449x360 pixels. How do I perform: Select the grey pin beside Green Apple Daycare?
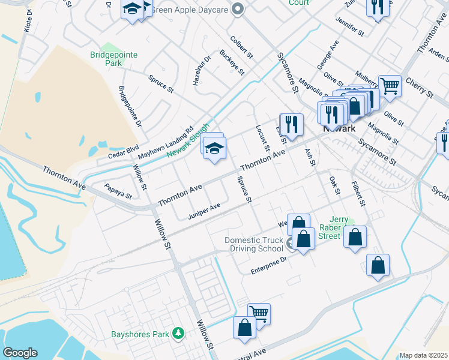(x=238, y=9)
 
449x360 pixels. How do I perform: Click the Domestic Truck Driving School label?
(x=253, y=244)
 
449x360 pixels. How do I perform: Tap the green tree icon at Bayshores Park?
(x=178, y=333)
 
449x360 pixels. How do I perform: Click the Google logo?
(x=20, y=353)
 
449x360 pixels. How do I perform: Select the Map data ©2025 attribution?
(x=423, y=355)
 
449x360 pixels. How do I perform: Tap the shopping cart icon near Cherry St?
(x=390, y=85)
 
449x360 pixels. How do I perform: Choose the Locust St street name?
(x=262, y=138)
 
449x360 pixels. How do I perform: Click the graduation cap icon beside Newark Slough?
(x=214, y=147)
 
